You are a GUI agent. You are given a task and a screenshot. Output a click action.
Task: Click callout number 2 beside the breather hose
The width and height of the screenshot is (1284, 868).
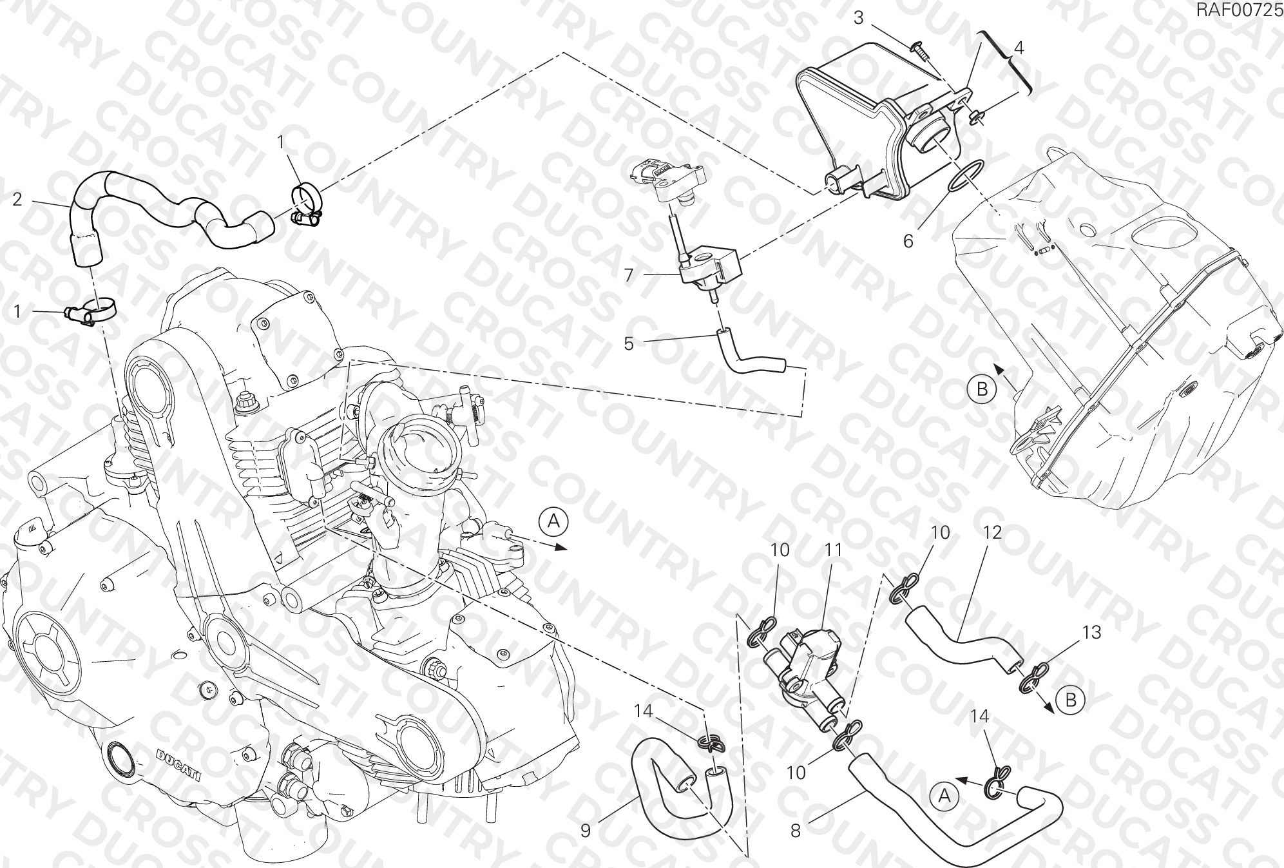pyautogui.click(x=17, y=199)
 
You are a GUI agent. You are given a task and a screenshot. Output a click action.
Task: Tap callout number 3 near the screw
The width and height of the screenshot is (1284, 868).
pyautogui.click(x=859, y=17)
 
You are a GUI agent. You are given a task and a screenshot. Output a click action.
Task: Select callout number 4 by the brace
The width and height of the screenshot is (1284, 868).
pyautogui.click(x=1019, y=48)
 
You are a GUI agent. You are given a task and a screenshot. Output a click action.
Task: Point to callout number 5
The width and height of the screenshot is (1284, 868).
pyautogui.click(x=629, y=343)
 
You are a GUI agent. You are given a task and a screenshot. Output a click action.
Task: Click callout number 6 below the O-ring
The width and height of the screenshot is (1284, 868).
pyautogui.click(x=908, y=241)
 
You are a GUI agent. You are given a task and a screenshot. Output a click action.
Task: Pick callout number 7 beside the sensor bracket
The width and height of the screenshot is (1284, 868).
pyautogui.click(x=629, y=275)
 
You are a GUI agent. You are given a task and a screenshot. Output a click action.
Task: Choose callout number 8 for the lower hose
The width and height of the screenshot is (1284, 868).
pyautogui.click(x=796, y=831)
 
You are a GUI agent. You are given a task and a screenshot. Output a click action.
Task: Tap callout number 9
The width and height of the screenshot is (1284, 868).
pyautogui.click(x=585, y=831)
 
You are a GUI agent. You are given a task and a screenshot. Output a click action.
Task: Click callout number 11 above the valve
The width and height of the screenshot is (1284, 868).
pyautogui.click(x=834, y=550)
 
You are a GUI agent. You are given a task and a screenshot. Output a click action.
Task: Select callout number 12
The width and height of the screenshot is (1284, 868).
pyautogui.click(x=993, y=532)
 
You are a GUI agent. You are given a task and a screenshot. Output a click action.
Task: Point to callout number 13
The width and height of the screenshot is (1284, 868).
pyautogui.click(x=1092, y=632)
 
